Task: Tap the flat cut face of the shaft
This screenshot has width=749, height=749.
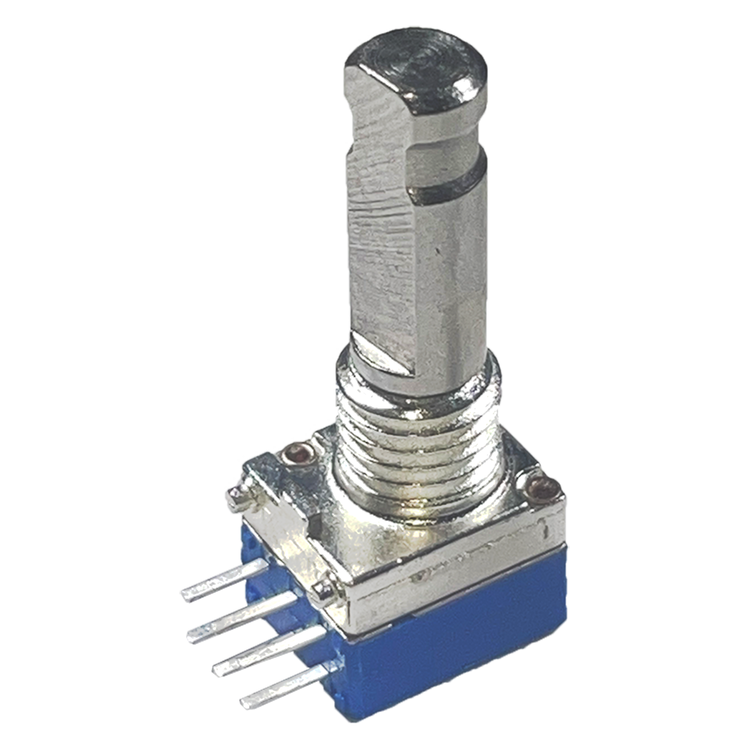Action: (x=381, y=250)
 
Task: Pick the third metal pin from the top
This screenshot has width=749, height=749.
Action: (x=262, y=649)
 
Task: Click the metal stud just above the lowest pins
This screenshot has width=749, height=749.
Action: (x=323, y=588)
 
